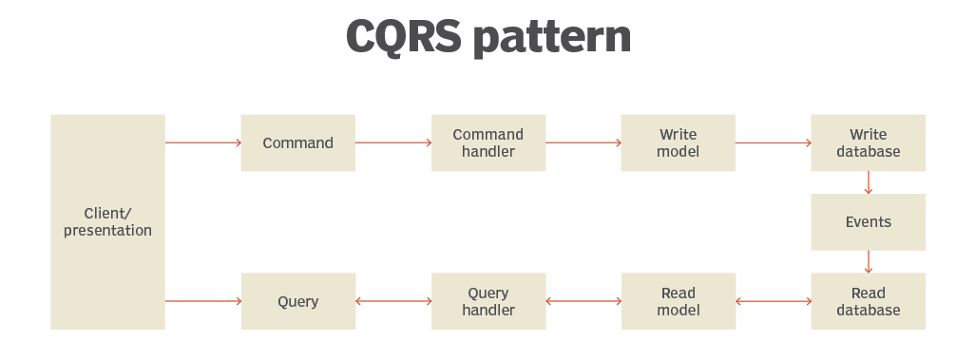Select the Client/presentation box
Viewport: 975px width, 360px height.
107,222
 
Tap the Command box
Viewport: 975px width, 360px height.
297,143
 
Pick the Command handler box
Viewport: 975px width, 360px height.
487,143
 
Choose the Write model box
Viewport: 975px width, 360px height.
678,143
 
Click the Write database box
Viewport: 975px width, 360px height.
868,143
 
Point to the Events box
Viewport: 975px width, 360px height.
868,222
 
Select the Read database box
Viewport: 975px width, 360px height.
868,301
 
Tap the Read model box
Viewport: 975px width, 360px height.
678,301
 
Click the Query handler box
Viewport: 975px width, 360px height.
487,301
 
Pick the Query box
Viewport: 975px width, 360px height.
297,302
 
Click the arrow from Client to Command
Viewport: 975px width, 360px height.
203,143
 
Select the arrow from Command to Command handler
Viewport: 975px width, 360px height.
393,143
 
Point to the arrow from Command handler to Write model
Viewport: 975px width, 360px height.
583,143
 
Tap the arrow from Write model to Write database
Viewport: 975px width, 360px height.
774,143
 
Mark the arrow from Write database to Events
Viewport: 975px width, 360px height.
869,182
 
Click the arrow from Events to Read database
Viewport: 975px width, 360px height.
869,261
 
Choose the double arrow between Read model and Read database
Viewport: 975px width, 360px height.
774,301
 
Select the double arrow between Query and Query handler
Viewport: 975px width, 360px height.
393,301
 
